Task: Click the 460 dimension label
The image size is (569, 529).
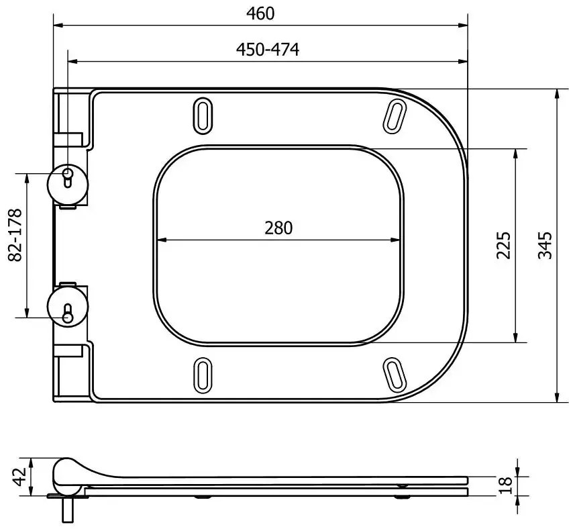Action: point(260,14)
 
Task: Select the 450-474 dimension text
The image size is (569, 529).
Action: point(268,50)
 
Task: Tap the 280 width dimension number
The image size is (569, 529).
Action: point(278,228)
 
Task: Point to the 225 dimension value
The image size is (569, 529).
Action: point(503,245)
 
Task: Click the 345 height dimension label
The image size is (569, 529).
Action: point(545,245)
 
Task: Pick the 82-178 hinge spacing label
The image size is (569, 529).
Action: point(15,235)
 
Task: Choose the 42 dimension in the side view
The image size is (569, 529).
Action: point(19,477)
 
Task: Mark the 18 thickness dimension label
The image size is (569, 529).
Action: point(505,485)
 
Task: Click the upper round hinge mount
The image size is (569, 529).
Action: point(68,185)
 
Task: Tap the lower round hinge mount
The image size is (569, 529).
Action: point(68,306)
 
